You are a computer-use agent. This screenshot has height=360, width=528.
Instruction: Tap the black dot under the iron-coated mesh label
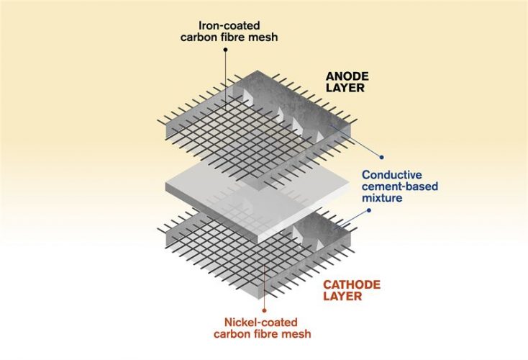click(225, 50)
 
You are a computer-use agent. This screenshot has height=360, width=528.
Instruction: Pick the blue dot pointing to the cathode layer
click(369, 211)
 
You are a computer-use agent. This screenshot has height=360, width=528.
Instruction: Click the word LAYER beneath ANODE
click(344, 89)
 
